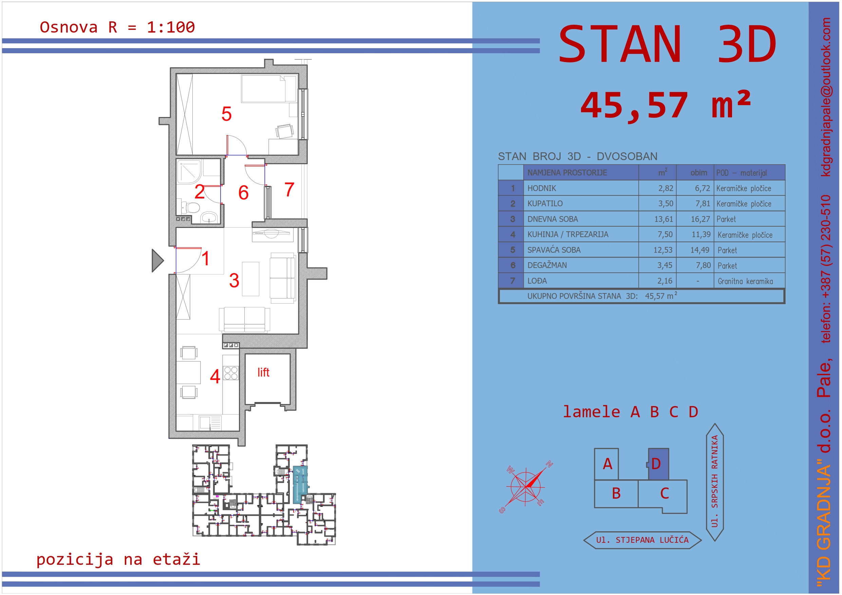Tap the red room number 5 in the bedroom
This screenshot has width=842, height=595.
226,114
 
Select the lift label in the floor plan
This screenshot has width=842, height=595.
263,372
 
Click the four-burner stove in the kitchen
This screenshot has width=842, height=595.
231,373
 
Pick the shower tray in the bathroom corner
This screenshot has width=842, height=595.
189,172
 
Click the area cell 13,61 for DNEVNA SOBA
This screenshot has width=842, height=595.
664,219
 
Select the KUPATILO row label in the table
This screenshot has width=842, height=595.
545,204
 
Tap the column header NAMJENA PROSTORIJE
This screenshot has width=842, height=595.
567,173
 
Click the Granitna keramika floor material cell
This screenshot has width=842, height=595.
745,281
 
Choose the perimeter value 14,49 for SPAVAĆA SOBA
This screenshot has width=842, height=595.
700,250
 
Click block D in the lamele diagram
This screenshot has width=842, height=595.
658,464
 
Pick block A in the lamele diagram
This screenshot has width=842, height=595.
606,464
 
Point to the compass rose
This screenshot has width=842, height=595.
525,487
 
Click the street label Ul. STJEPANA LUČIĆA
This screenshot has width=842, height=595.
642,540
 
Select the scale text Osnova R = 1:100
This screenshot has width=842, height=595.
117,27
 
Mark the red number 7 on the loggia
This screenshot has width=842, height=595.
289,190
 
